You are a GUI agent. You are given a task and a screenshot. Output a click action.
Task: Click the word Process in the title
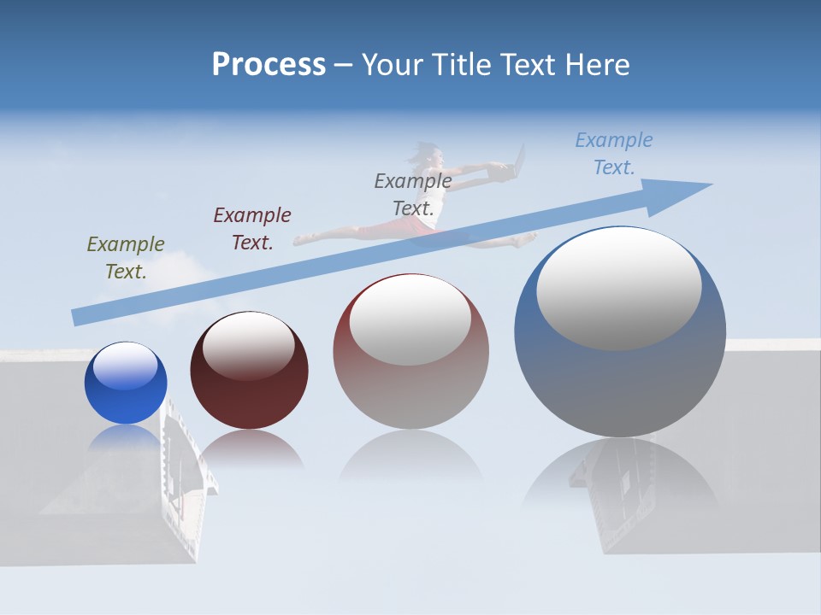point(269,65)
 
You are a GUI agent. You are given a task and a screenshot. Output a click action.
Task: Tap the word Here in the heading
point(598,65)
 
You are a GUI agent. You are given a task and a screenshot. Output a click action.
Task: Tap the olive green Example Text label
point(126,258)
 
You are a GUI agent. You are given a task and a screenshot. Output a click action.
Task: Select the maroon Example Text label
point(252,229)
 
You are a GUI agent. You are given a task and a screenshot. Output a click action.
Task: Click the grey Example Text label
point(413,195)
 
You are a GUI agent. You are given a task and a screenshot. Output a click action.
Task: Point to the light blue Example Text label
point(614,154)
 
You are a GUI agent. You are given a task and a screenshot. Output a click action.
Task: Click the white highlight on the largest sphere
point(618,289)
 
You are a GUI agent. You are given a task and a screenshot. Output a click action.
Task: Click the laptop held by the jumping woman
point(513,167)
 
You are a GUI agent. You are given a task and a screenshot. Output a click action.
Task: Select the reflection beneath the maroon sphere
point(249,448)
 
